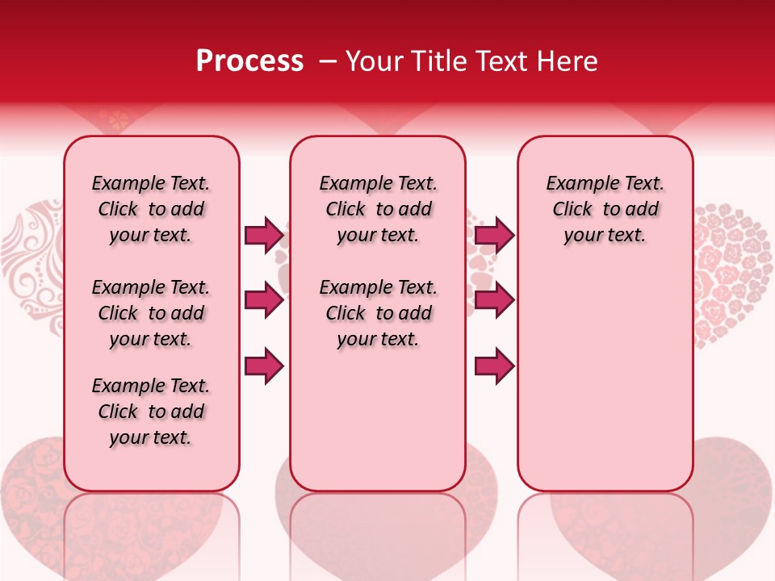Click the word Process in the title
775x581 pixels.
[x=249, y=61]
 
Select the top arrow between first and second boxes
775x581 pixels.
[x=264, y=235]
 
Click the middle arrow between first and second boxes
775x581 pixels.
[x=264, y=301]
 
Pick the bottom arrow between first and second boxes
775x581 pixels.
[x=264, y=366]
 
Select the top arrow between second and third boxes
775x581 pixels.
[x=494, y=235]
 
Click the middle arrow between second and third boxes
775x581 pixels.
[x=494, y=301]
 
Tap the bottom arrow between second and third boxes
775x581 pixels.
[x=494, y=366]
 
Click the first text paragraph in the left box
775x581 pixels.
[x=151, y=209]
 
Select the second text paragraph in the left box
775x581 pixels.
[x=151, y=313]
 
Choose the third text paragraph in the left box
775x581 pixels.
[x=151, y=412]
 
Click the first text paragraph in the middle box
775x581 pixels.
[x=379, y=209]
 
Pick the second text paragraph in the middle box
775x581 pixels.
[x=379, y=313]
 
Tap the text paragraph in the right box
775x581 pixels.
[x=605, y=209]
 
